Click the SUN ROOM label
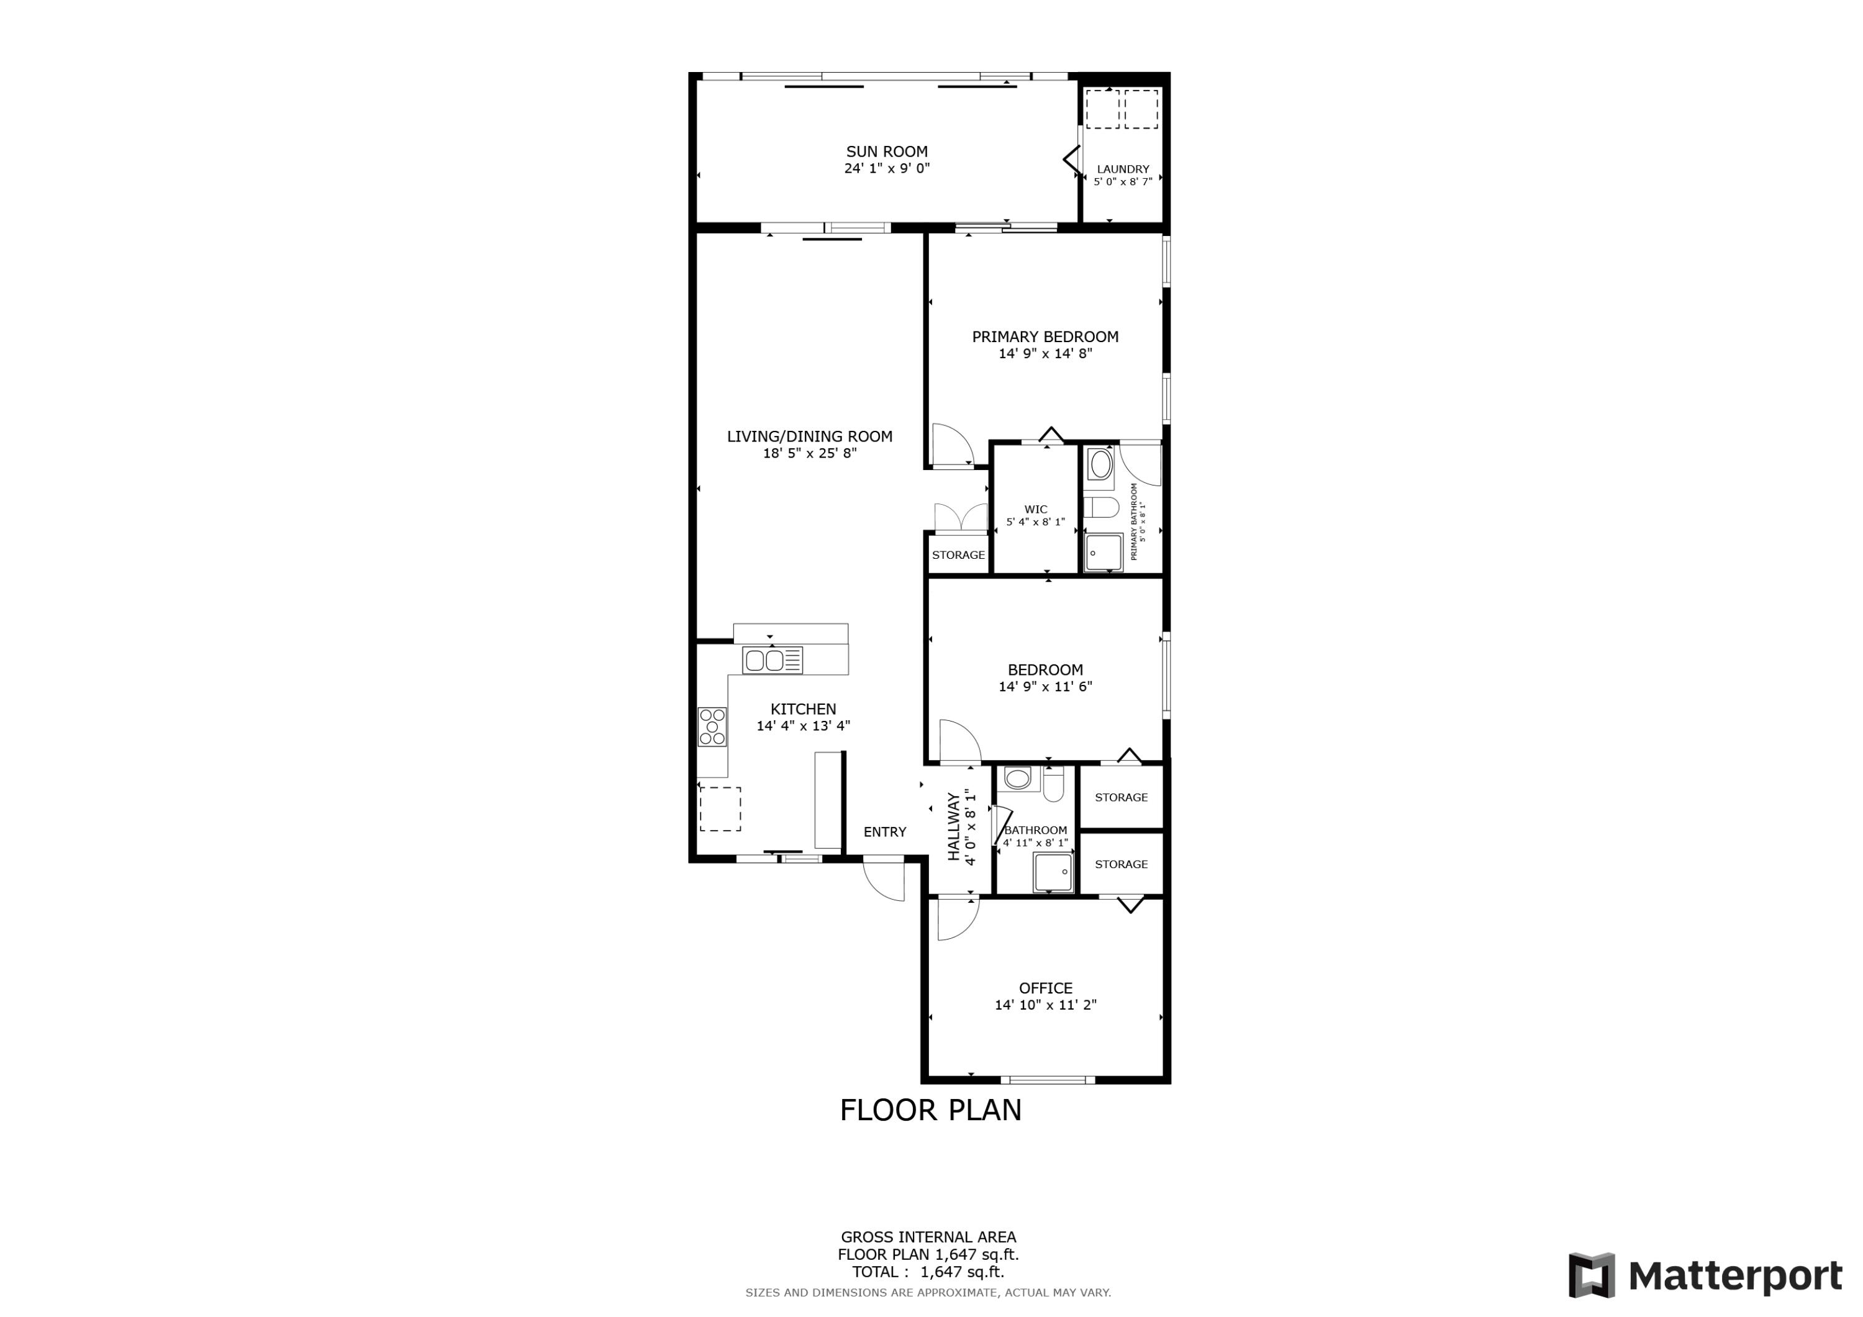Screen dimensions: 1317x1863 886,152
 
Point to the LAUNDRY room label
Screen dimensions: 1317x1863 1123,170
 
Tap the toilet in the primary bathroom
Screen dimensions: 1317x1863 1101,508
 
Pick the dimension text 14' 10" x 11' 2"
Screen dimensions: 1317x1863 1045,1005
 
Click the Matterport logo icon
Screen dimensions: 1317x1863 1591,1275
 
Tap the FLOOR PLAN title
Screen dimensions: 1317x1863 931,1110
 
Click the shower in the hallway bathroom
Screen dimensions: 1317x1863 1053,872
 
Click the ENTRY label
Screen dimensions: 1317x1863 884,832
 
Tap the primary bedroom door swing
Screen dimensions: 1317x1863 950,446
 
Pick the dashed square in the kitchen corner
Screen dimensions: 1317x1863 720,808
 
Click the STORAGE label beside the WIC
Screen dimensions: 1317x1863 958,555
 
